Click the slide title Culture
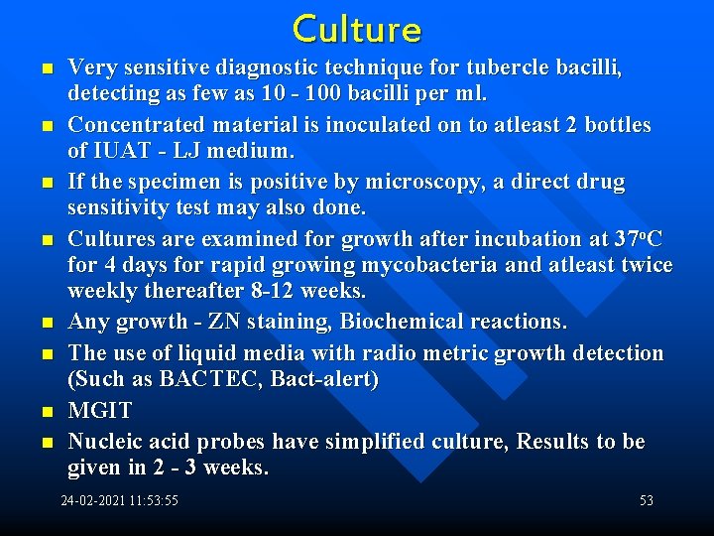point(357,29)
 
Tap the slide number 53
point(647,501)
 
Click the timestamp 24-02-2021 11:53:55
point(120,501)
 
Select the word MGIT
point(99,411)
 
